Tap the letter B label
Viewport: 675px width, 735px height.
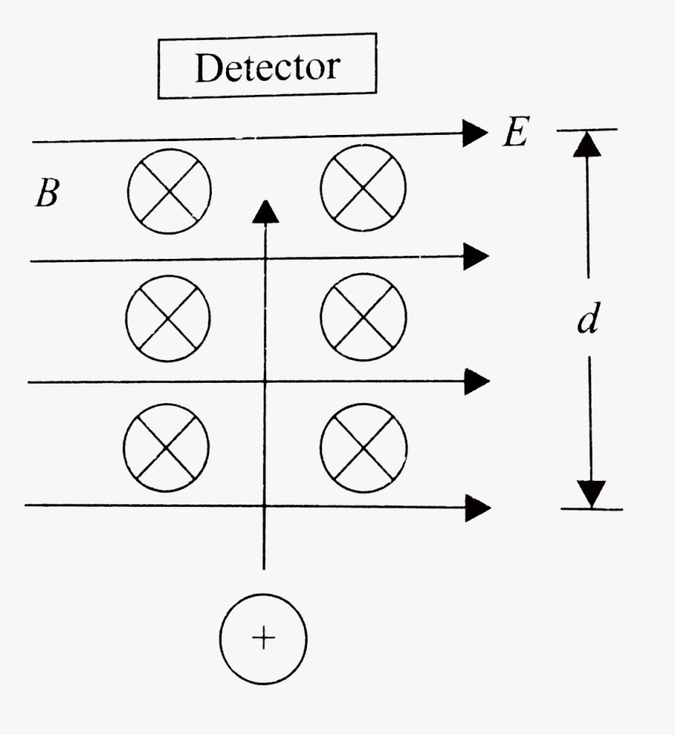[x=47, y=194]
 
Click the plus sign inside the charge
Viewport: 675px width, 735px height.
[x=264, y=639]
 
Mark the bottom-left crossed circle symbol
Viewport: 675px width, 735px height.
[x=166, y=446]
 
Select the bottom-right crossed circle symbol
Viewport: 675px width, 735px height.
[x=363, y=445]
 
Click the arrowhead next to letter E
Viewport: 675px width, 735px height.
[x=476, y=133]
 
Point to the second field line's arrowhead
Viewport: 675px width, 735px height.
[x=476, y=257]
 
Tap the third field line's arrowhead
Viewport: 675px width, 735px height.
[x=476, y=381]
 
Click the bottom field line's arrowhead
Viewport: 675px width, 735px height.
[x=476, y=507]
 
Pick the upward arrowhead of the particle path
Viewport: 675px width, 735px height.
[x=266, y=210]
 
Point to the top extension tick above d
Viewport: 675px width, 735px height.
[x=587, y=129]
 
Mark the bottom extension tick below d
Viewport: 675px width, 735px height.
[x=592, y=509]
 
